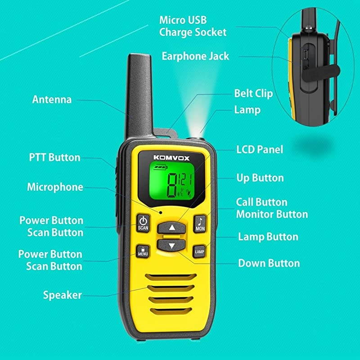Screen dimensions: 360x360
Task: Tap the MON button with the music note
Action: [x=200, y=223]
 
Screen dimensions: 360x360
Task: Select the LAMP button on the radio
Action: [x=199, y=251]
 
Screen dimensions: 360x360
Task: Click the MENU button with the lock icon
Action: [x=143, y=251]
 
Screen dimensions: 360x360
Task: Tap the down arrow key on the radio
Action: [x=171, y=246]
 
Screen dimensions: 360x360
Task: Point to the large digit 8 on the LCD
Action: [x=172, y=185]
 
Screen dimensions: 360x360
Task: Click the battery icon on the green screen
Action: [x=160, y=168]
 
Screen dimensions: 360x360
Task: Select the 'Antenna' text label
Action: [x=52, y=99]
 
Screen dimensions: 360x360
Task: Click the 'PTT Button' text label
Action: [x=54, y=157]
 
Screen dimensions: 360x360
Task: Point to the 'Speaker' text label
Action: [x=63, y=295]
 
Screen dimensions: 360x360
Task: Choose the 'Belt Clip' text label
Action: [x=253, y=94]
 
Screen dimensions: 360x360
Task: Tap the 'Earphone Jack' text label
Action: [x=195, y=56]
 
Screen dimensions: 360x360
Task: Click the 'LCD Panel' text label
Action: [x=260, y=149]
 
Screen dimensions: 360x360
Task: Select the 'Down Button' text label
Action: [x=269, y=263]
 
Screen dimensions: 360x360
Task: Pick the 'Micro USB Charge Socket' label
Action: [x=193, y=26]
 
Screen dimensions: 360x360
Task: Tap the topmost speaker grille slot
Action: [x=171, y=276]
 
